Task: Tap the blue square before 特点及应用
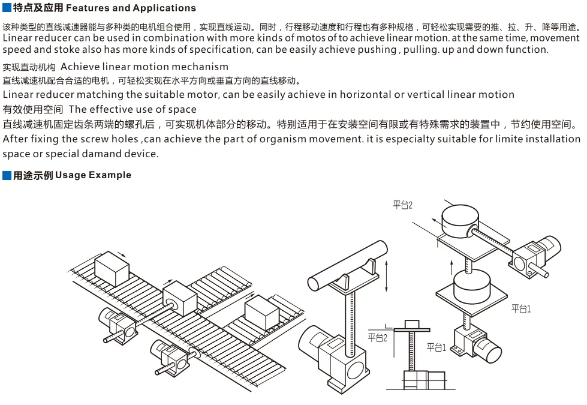[7, 8]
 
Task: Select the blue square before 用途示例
[7, 175]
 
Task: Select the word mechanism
[198, 67]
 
